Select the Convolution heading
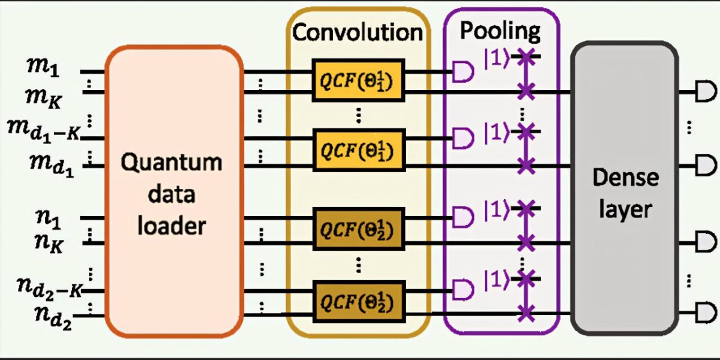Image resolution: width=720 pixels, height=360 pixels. click(x=358, y=32)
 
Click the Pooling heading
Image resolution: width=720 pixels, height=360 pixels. click(x=500, y=30)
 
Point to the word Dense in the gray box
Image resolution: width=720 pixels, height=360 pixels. click(x=625, y=178)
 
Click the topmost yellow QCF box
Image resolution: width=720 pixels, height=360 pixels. click(x=358, y=80)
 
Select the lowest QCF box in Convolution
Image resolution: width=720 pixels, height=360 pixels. click(x=358, y=300)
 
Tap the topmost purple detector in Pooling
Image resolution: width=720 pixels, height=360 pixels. click(x=462, y=73)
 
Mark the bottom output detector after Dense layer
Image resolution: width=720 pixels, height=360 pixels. click(x=706, y=312)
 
